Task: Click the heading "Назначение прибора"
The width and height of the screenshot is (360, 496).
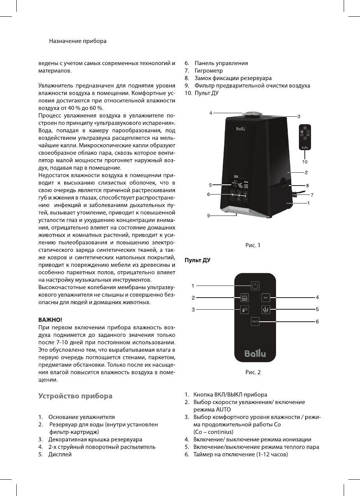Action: coord(78,41)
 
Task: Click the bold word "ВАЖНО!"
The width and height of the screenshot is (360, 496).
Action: coord(50,320)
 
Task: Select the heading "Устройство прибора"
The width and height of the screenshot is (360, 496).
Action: coord(75,396)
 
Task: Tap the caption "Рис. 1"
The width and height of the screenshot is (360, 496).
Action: coord(253,245)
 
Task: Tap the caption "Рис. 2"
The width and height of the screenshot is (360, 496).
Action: coord(253,372)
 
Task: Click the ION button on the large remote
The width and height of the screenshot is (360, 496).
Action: coord(266,298)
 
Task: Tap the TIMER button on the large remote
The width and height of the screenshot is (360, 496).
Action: coord(255,322)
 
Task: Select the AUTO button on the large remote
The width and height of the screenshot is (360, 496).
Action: coord(244,298)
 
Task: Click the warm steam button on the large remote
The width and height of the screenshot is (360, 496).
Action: coord(266,310)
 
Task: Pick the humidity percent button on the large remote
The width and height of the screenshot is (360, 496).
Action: coord(244,310)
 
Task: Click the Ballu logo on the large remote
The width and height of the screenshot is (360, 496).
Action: coord(255,354)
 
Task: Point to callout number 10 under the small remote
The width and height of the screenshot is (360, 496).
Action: coord(305,161)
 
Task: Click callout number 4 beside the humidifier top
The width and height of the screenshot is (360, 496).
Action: coord(211,113)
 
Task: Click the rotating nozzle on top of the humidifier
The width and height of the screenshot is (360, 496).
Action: coord(251,114)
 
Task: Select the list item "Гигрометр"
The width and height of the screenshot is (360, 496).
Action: coord(209,71)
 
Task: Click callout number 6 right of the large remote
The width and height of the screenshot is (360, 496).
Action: coord(317,322)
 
